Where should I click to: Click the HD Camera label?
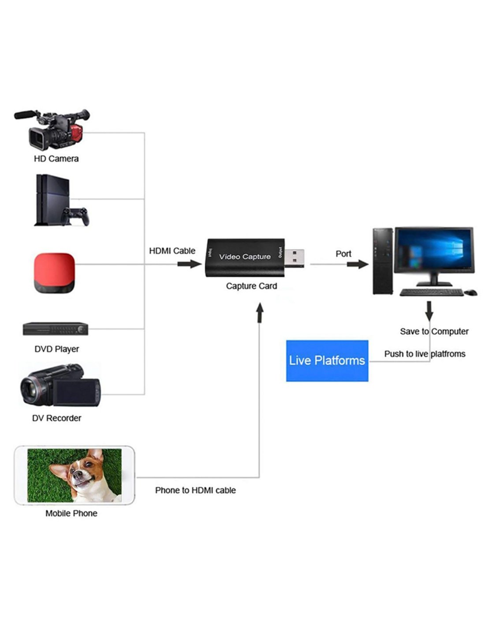pos(56,159)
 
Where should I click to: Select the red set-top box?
pos(54,273)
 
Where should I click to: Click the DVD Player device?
pos(56,329)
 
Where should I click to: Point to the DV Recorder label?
pos(56,418)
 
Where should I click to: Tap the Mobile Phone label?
pos(71,513)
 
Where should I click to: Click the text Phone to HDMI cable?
pos(195,490)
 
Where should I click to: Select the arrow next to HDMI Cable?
pos(189,264)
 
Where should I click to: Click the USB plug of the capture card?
pos(294,259)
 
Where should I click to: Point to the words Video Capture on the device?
pos(245,257)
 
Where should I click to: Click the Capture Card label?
pos(251,286)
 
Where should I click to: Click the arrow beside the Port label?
pos(357,264)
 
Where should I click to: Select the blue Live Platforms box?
pos(327,361)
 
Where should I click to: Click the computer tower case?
pos(383,261)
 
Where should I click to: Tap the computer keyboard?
pos(431,292)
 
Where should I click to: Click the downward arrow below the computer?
pos(429,311)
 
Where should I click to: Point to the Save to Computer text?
pos(434,332)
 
